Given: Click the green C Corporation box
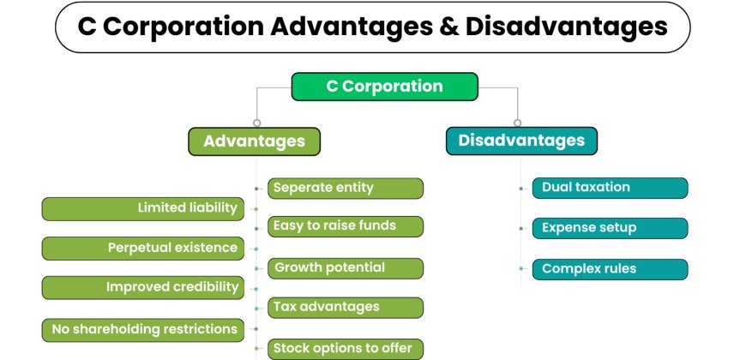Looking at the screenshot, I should click(384, 87).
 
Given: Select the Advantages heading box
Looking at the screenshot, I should click(254, 141).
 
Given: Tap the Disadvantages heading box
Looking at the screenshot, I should click(521, 141).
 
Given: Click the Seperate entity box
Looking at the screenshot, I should click(346, 189).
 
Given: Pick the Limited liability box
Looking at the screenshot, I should click(143, 208).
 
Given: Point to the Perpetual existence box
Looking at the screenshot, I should click(143, 249).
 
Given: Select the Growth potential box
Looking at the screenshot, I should click(346, 268).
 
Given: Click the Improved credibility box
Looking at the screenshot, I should click(143, 288).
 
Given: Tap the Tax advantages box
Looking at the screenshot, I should click(346, 308).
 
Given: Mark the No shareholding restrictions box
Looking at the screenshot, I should click(143, 329).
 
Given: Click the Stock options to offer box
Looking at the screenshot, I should click(346, 349).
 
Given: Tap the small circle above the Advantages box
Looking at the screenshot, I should click(256, 123).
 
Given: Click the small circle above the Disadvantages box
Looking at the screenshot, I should click(517, 123).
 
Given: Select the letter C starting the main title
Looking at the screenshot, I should click(87, 27).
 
